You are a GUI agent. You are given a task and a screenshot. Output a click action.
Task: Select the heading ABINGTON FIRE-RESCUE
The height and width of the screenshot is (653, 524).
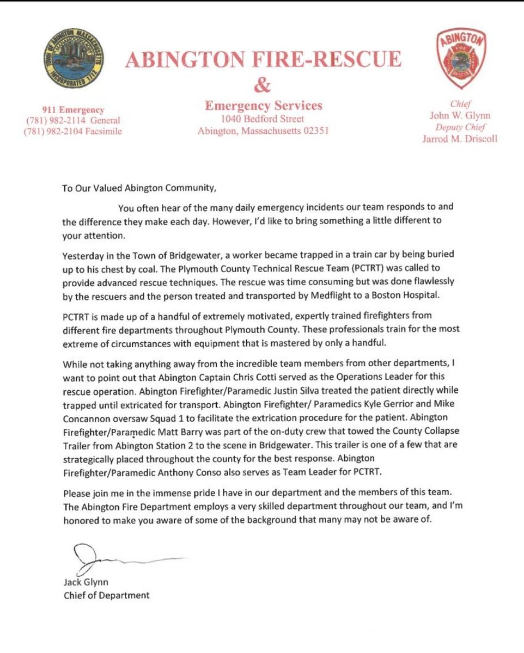click(x=263, y=59)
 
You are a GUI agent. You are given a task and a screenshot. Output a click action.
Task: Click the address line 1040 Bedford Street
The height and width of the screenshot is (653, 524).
click(x=263, y=119)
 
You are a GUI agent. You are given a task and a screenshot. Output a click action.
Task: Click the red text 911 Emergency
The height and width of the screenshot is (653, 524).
click(x=74, y=110)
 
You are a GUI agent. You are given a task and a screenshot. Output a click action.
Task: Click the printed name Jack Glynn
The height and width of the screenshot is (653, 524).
click(x=86, y=582)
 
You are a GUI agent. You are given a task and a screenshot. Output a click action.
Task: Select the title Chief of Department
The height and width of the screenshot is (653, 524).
click(x=106, y=595)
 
